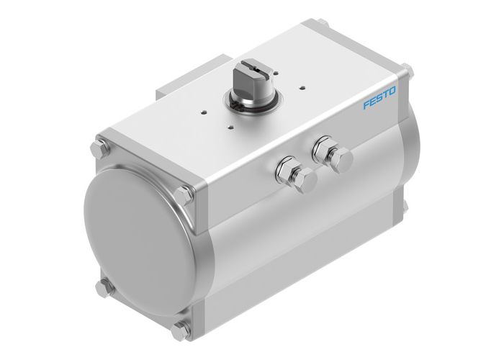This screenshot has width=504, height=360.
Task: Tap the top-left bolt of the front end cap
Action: click(x=99, y=154)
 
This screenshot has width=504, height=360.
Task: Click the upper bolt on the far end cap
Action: click(x=411, y=69)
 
